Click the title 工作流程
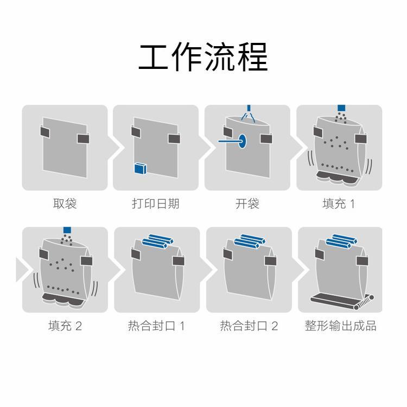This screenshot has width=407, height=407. click(203, 57)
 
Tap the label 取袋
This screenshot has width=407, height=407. click(65, 203)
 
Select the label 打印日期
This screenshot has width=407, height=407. click(156, 203)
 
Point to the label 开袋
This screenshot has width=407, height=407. click(247, 203)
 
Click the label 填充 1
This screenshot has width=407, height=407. click(339, 203)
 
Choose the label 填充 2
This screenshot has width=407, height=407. click(65, 326)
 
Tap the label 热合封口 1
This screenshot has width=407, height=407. click(156, 326)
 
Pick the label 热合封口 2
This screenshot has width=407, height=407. click(249, 326)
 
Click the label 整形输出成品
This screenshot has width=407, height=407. click(340, 326)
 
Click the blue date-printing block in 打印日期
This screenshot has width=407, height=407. click(140, 168)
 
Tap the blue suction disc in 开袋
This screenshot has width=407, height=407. click(242, 141)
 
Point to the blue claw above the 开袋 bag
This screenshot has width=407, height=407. click(249, 114)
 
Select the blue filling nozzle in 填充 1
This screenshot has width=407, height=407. click(341, 108)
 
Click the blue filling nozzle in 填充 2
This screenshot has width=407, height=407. click(67, 230)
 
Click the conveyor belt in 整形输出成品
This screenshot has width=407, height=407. click(342, 301)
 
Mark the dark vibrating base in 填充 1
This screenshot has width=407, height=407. click(336, 177)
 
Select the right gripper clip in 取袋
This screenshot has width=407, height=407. click(83, 138)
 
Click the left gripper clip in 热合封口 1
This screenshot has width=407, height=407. click(136, 254)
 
